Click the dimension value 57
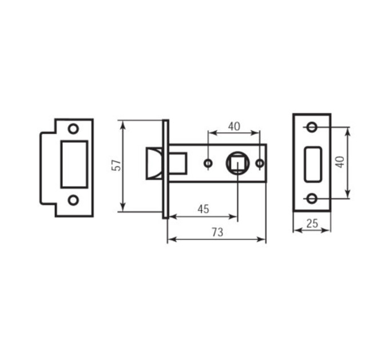(x=116, y=166)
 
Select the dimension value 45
(x=204, y=209)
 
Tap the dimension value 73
(x=217, y=233)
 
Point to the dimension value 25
(x=312, y=223)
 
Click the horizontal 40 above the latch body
(x=234, y=127)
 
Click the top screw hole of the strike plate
(x=73, y=129)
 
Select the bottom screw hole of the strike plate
(x=73, y=200)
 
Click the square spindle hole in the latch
(x=237, y=163)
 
